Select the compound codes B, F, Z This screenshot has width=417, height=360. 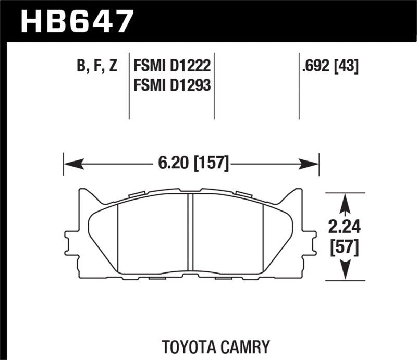[97, 67]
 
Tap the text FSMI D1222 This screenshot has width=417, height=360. [172, 67]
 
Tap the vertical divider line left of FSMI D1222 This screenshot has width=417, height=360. [129, 86]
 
